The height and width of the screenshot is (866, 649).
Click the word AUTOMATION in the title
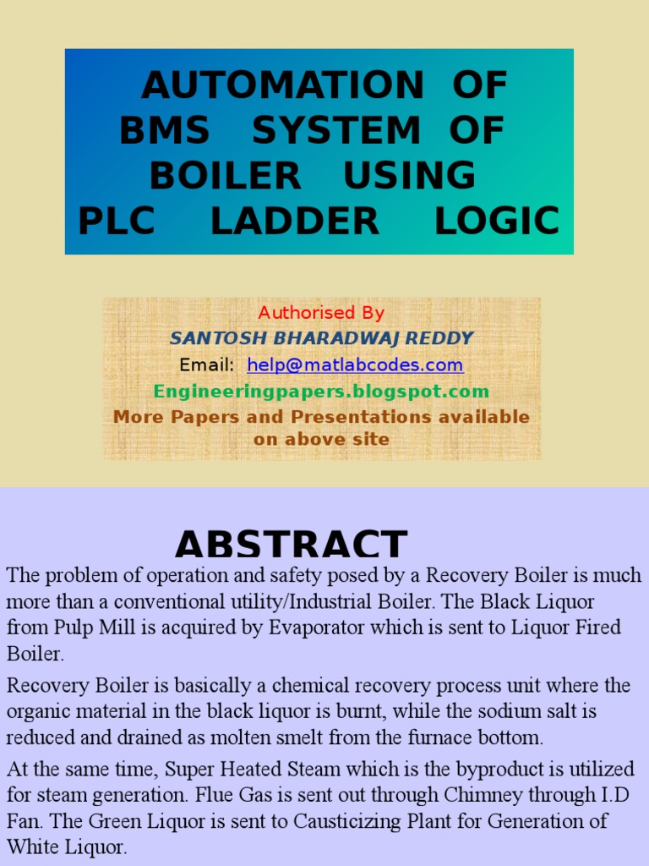point(282,85)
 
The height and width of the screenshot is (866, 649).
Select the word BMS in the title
point(165,130)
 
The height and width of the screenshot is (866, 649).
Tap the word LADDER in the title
point(295,221)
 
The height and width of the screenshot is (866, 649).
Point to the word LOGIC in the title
point(497,221)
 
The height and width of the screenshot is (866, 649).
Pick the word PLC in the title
point(117,221)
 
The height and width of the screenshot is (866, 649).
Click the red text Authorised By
point(321,313)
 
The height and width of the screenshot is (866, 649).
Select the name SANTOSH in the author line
point(212,338)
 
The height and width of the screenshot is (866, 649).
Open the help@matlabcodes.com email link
point(355,365)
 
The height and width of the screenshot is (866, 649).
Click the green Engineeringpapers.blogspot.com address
point(321,392)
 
